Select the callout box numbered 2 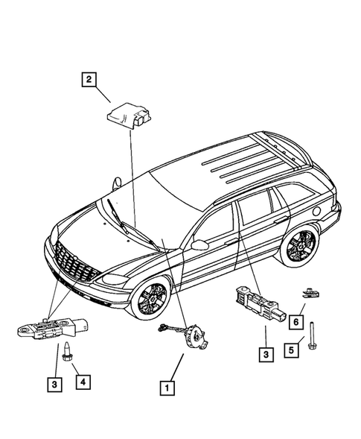[x=89, y=80]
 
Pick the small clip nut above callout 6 [x=307, y=294]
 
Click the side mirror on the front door [x=199, y=244]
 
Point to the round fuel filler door [x=319, y=210]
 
